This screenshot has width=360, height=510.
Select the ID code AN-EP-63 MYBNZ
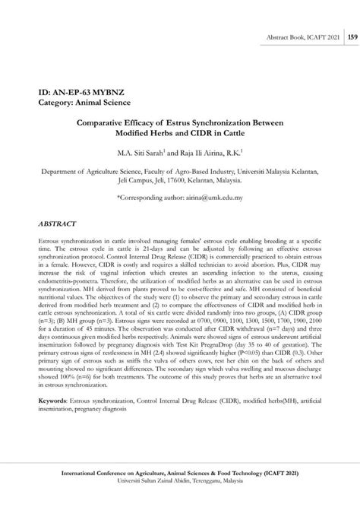(x=81, y=91)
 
